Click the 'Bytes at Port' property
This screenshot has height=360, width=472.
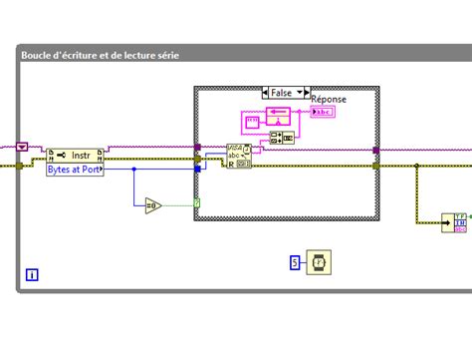pyautogui.click(x=75, y=170)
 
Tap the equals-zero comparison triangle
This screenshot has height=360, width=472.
pyautogui.click(x=151, y=206)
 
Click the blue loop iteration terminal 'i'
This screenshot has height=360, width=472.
pyautogui.click(x=32, y=274)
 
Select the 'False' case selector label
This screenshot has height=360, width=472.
pyautogui.click(x=283, y=92)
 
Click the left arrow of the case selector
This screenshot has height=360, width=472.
pyautogui.click(x=266, y=92)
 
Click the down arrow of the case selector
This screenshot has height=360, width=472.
pyautogui.click(x=300, y=92)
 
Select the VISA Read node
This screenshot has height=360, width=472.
pyautogui.click(x=239, y=154)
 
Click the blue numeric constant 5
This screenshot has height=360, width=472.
pyautogui.click(x=294, y=263)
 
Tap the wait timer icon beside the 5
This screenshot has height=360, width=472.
pyautogui.click(x=319, y=262)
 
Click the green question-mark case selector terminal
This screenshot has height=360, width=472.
pyautogui.click(x=197, y=203)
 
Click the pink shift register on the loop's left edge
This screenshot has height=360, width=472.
pyautogui.click(x=22, y=146)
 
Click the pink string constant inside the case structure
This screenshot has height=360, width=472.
pyautogui.click(x=252, y=122)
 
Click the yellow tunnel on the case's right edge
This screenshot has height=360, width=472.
pyautogui.click(x=376, y=166)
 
